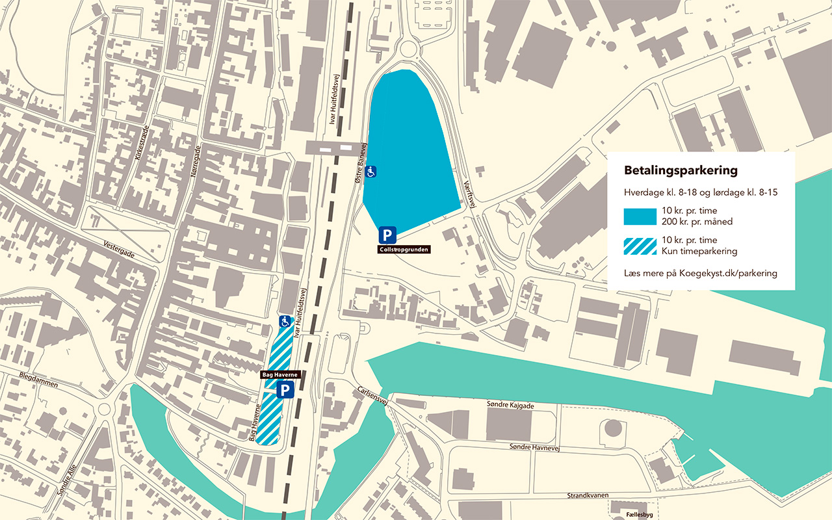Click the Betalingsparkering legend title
point(681,171)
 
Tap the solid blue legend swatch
point(640,216)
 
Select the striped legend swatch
point(640,246)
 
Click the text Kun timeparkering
point(699,252)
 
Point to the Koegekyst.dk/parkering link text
point(728,273)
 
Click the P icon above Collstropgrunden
point(387,235)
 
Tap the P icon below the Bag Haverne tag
point(285,390)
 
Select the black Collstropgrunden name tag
point(404,249)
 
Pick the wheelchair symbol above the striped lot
point(285,320)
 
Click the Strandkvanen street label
point(587,495)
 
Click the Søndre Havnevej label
point(534,448)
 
